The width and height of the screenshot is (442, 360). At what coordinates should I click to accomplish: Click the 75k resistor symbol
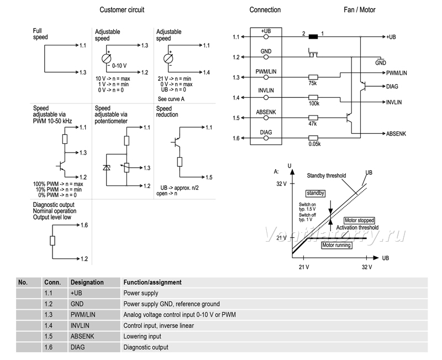coord(313,77)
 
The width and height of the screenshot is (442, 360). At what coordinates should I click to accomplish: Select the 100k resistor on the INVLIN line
coord(313,98)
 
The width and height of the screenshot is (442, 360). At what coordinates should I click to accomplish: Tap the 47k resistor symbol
coord(313,118)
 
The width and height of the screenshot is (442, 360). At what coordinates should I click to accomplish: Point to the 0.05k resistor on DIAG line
coord(313,138)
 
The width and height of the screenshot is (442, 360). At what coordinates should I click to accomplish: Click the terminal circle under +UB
coord(266,36)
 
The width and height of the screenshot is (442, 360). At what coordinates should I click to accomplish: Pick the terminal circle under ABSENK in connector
coord(266,118)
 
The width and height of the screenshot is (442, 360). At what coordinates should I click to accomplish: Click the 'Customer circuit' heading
coord(122,10)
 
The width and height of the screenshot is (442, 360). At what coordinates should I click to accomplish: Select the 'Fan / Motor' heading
coord(360,10)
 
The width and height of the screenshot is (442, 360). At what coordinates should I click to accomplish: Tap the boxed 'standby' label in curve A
coord(315,193)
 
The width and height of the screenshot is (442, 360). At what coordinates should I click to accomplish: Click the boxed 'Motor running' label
coord(336,245)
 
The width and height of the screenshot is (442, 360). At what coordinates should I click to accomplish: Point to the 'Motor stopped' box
coord(360,220)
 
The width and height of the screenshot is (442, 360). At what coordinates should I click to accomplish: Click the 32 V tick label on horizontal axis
coord(367,267)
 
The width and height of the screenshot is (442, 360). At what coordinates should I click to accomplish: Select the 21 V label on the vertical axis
coord(281,238)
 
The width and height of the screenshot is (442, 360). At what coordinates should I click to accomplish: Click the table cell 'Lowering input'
coord(143,336)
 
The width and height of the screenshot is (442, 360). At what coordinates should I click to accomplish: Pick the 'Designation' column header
coord(87,283)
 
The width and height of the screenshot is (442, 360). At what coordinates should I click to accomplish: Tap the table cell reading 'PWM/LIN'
coord(83,315)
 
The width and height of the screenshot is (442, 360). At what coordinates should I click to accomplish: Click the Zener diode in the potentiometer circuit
coord(106,168)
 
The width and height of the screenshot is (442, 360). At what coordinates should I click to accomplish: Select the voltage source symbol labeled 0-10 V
coord(106,59)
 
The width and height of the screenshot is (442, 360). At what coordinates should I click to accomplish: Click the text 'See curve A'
coord(171,99)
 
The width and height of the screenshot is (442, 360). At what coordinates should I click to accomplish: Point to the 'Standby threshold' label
coord(327,175)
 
